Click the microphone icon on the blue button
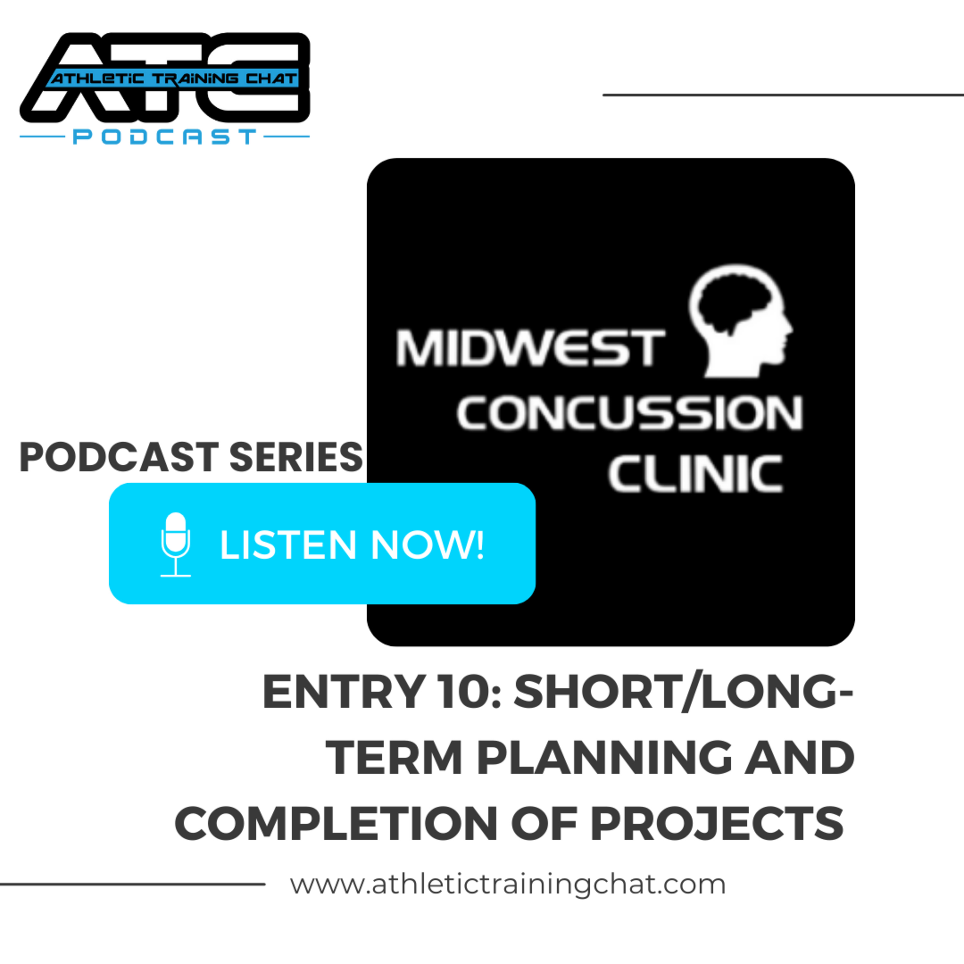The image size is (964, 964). [175, 544]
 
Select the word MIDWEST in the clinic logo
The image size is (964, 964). [531, 348]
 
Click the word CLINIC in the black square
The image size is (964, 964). [695, 474]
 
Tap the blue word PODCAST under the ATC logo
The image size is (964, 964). [165, 136]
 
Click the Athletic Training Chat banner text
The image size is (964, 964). [174, 78]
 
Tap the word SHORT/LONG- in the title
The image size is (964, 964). [683, 691]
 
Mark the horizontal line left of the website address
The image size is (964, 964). [132, 884]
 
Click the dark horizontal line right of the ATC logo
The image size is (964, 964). [783, 94]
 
